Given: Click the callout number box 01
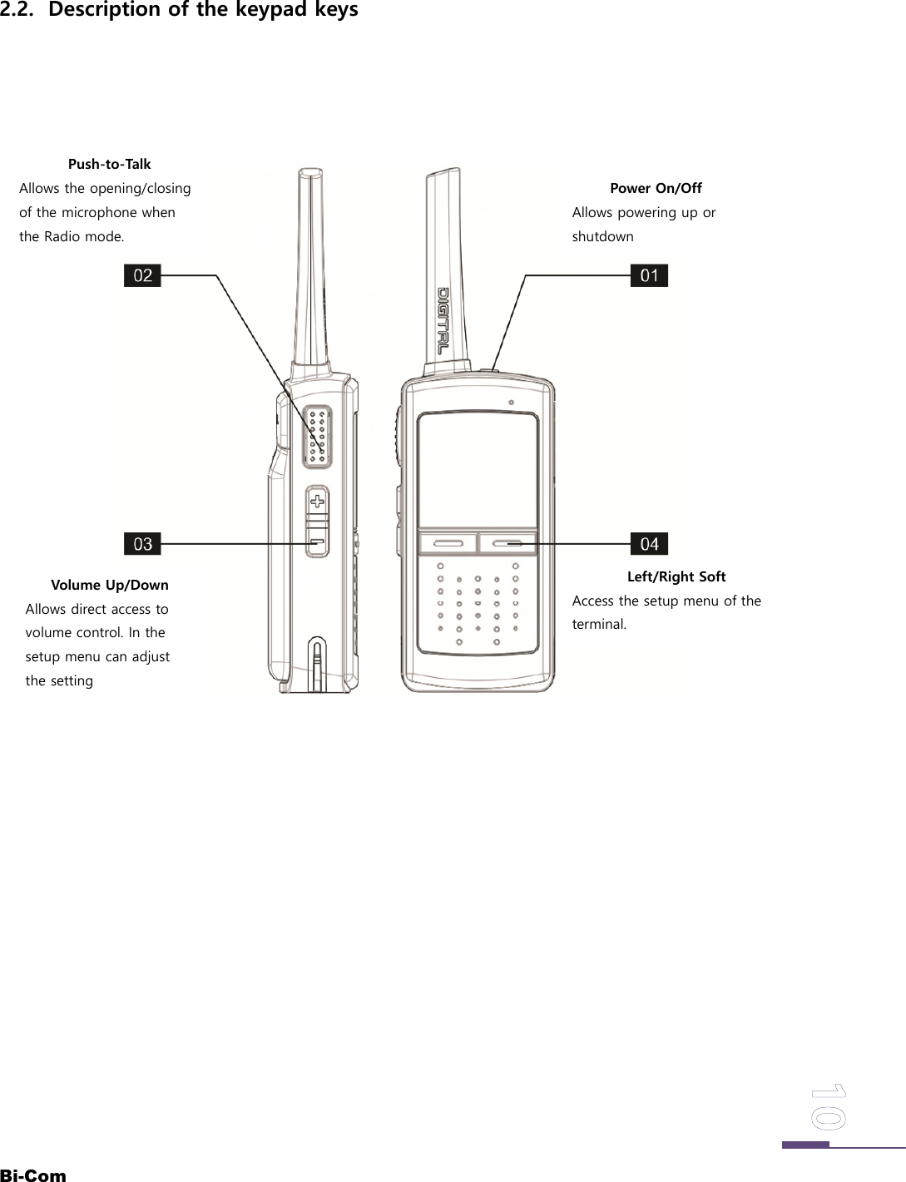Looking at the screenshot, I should (649, 275).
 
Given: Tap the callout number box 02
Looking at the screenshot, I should (142, 275).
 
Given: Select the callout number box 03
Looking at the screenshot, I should (142, 544).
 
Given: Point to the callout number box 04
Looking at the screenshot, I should (649, 544).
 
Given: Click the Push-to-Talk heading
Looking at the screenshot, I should (109, 165).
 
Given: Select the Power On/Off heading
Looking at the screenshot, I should (656, 188).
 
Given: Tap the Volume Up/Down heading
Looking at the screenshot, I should (109, 585).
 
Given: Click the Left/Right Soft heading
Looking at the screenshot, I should (676, 576).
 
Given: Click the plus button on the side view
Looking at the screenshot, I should (317, 500).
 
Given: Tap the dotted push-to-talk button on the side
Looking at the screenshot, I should (315, 434).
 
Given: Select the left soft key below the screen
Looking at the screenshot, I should (447, 543).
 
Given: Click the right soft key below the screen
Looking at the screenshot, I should (507, 543).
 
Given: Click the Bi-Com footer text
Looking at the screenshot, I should (33, 1175).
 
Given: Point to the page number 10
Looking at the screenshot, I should (828, 1106).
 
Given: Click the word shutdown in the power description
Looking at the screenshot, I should (602, 236).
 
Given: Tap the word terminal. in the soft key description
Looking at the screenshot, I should (599, 624).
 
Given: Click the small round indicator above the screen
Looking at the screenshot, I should (511, 403).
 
